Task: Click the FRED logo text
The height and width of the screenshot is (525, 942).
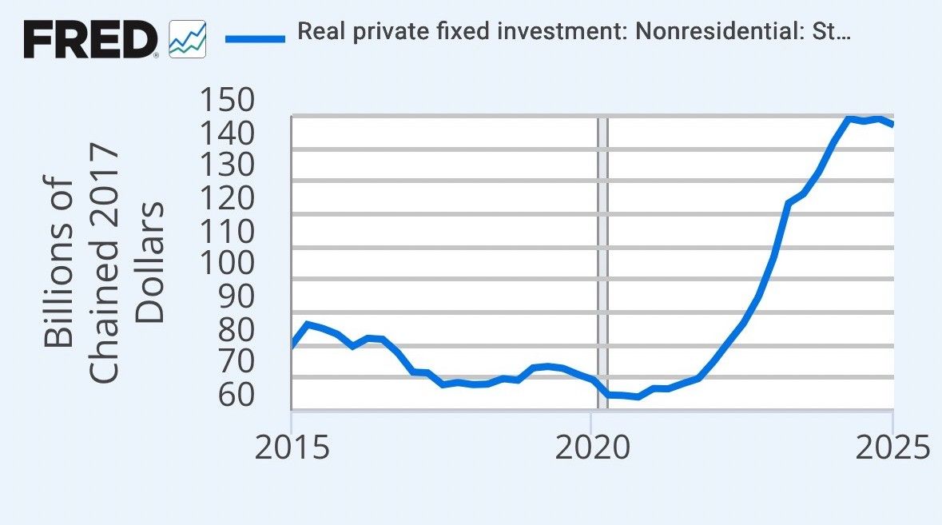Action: coord(90,38)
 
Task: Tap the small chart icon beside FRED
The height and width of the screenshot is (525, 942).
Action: coord(188,39)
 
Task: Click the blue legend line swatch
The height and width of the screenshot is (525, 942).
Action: coord(255,37)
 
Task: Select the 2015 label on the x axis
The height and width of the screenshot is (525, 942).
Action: coord(292,448)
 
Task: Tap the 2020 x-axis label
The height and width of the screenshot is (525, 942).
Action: coord(592,448)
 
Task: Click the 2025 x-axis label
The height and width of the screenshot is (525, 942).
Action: coord(892,448)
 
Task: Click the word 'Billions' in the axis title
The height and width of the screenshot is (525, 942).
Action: coord(59,263)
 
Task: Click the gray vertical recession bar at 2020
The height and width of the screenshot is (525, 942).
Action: coord(603,264)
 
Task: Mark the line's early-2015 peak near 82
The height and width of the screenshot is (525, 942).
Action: coord(308,324)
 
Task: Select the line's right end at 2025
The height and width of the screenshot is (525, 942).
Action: coord(892,124)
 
